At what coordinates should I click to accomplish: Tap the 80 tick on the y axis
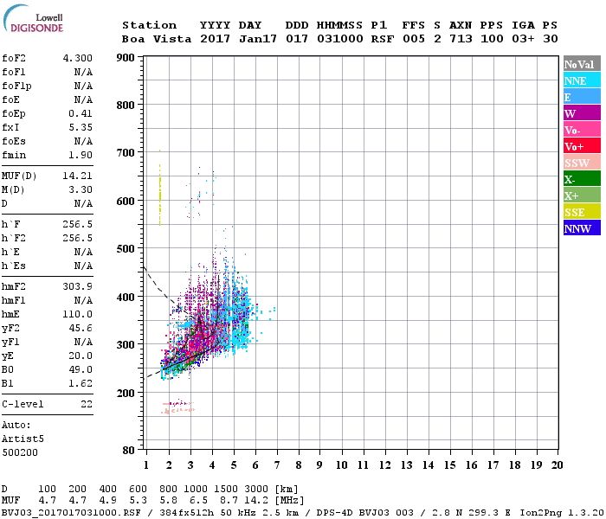(x=128, y=451)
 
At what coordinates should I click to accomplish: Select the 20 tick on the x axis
(x=557, y=465)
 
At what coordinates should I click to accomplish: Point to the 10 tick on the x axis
(x=342, y=465)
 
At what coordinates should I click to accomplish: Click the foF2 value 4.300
(x=77, y=58)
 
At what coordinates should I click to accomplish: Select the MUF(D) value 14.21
(x=77, y=175)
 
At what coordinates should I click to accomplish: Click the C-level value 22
(x=86, y=404)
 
